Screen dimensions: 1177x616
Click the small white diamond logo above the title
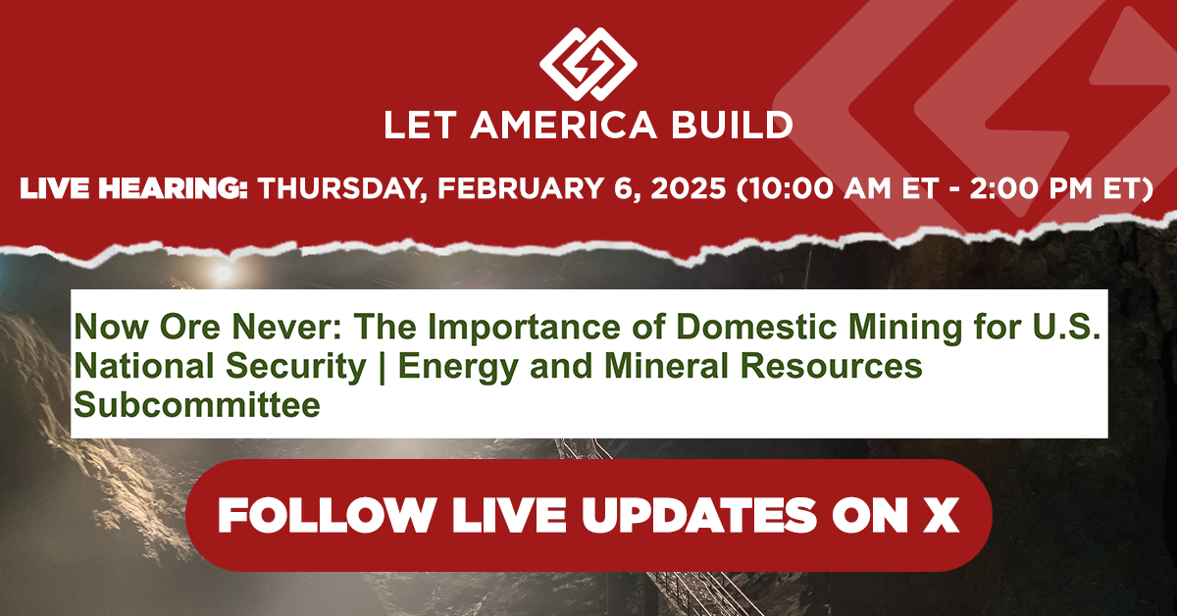[588, 64]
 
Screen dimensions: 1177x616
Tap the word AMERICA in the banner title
[563, 126]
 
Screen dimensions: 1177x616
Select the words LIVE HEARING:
[134, 188]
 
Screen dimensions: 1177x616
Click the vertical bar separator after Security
[382, 367]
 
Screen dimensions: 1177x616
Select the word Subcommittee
[197, 404]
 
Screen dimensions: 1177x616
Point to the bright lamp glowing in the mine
[224, 273]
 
